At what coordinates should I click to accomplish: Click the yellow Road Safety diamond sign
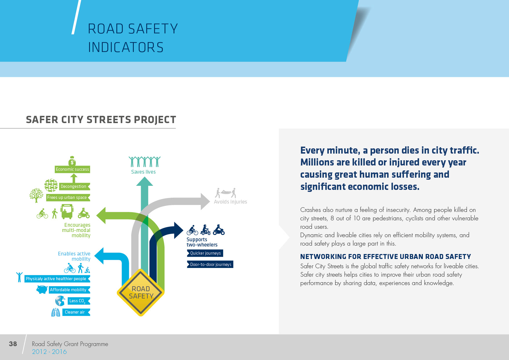(141, 292)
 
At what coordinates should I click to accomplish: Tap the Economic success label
(72, 169)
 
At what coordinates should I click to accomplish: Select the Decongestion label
(73, 186)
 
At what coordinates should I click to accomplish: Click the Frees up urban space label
(67, 197)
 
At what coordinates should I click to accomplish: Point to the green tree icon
(36, 195)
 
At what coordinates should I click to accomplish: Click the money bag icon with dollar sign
(72, 161)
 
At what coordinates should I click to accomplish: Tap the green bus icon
(67, 212)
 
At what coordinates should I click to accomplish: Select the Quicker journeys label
(205, 253)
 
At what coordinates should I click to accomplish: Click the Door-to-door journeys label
(210, 264)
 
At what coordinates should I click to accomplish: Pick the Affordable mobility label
(68, 290)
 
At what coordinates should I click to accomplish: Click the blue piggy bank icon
(42, 289)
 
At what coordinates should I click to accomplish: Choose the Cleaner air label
(75, 312)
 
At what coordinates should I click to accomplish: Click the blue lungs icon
(55, 312)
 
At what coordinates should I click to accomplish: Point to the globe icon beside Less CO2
(60, 301)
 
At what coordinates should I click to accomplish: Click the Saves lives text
(143, 172)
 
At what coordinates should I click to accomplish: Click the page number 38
(13, 344)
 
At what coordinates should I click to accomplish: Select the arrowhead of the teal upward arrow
(145, 182)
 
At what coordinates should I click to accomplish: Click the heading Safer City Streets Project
(101, 120)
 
